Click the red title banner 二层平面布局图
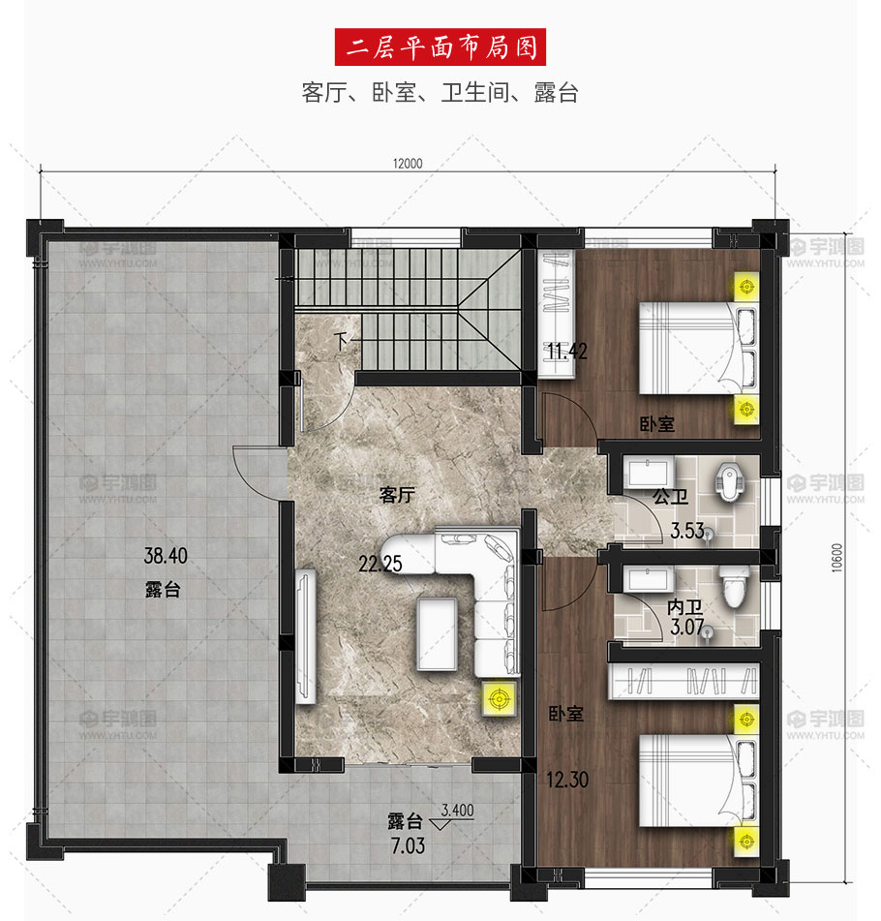pos(440,47)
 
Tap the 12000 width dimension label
pos(408,164)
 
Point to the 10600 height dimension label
pos(836,558)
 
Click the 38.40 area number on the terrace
pos(166,556)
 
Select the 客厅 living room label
pos(397,495)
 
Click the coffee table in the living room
pos(437,633)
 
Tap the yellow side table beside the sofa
pos(500,699)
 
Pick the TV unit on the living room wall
pos(305,636)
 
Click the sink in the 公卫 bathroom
pos(648,474)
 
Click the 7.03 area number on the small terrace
pos(408,845)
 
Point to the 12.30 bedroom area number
pos(567,780)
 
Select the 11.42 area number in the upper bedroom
pos(566,352)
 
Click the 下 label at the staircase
pos(341,341)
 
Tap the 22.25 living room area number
pos(380,564)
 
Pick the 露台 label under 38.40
pos(163,589)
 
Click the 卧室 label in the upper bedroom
pos(656,424)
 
